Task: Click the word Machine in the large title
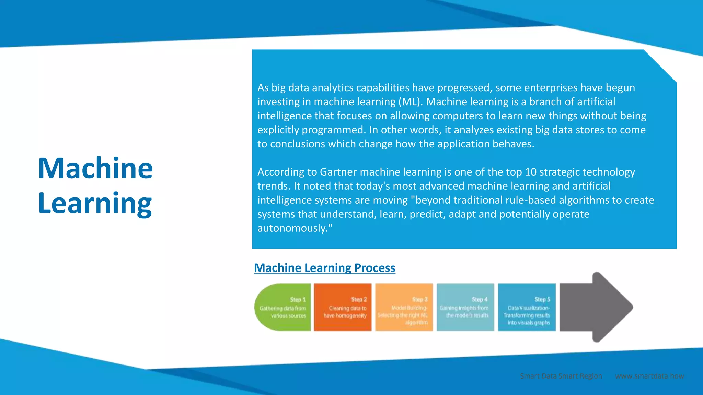tap(95, 168)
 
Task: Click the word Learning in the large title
tap(95, 203)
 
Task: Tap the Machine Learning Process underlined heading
tap(324, 268)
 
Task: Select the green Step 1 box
tap(283, 307)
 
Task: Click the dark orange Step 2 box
tap(343, 307)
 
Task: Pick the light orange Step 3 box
tap(404, 307)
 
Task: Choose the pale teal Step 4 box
tap(465, 307)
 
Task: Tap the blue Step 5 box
tap(527, 307)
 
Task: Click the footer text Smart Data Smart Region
tap(561, 376)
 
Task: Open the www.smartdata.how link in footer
tap(649, 376)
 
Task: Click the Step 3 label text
tap(419, 299)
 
